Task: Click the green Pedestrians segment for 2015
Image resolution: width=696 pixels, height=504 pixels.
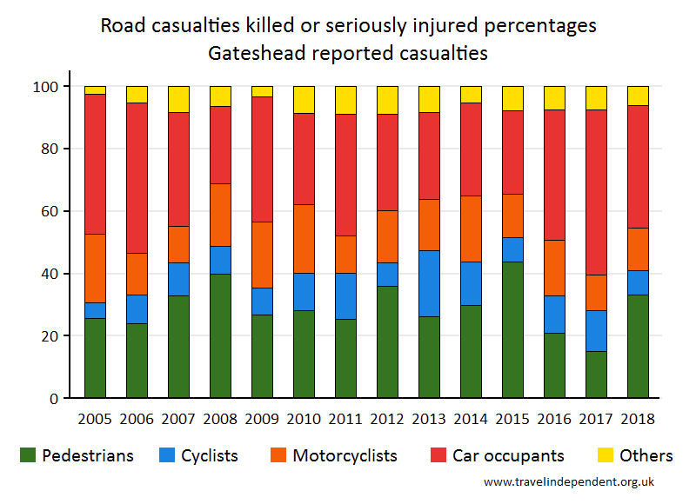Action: point(512,330)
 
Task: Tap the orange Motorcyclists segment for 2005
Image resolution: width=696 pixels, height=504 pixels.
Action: point(95,269)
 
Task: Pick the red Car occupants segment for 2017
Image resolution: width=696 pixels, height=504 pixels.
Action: point(596,192)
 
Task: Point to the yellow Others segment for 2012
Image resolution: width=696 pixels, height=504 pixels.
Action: point(387,100)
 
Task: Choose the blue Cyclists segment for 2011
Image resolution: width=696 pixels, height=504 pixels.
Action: point(345,296)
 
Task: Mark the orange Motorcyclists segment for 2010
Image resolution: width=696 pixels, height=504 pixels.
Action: point(304,239)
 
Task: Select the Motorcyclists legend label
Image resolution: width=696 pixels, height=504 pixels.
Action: point(345,455)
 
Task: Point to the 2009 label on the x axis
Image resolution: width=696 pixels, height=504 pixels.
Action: point(262,418)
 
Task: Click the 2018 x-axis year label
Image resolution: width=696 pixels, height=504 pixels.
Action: point(638,418)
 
